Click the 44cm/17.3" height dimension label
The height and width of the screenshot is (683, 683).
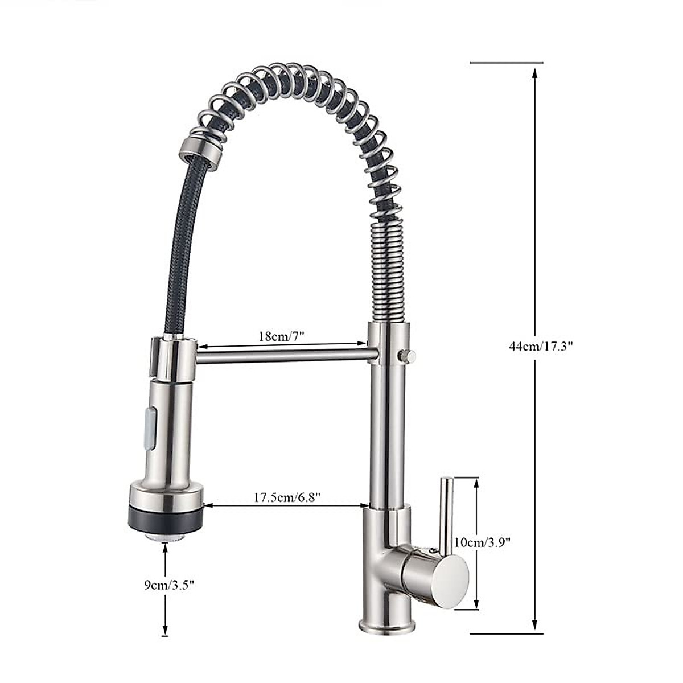click(540, 346)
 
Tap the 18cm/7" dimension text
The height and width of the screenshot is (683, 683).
click(282, 336)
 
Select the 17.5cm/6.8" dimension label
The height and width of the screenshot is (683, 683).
click(287, 497)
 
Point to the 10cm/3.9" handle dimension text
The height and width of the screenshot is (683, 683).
click(481, 542)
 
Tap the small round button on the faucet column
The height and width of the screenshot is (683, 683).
click(407, 356)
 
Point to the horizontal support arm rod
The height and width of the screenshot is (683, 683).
click(285, 356)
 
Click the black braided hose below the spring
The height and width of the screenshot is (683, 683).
click(179, 256)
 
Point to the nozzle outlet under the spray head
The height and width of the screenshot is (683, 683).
click(166, 536)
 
